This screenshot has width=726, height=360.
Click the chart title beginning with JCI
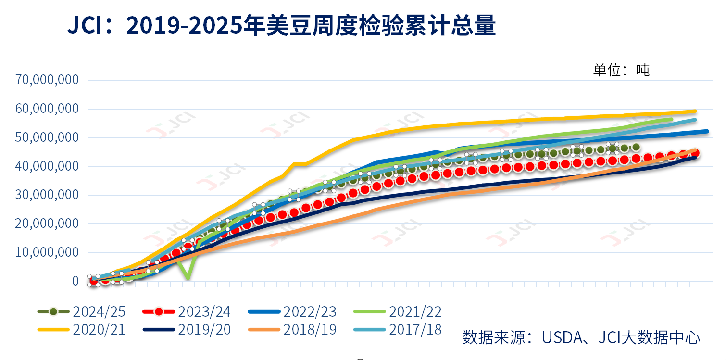pos(281,26)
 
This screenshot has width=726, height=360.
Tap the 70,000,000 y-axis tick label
pos(47,80)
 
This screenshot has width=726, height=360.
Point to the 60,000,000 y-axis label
pos(47,109)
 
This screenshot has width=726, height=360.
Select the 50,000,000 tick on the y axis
pos(47,137)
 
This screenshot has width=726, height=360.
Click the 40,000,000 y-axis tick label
pos(47,166)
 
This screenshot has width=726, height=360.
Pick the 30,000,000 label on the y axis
pos(47,195)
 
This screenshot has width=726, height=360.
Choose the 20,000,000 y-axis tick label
pos(47,224)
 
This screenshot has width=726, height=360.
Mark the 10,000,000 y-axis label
pos(47,252)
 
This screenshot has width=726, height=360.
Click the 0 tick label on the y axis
pos(75,281)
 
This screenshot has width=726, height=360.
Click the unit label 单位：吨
pos(621,71)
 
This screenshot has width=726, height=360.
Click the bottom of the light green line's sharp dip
pos(188,278)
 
